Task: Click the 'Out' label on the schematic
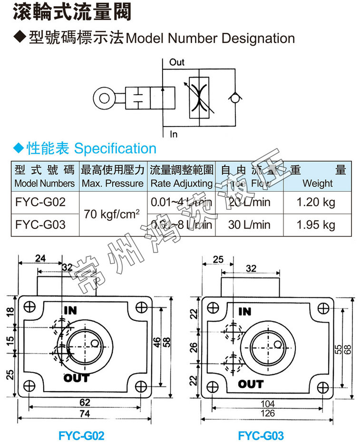(176, 62)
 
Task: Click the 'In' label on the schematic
(174, 134)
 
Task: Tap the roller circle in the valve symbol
(103, 98)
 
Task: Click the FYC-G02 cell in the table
(40, 202)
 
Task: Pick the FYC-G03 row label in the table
(40, 224)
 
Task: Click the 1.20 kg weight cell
(316, 202)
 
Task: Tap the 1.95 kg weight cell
(316, 224)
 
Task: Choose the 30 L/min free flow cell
(249, 224)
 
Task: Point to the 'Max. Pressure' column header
(112, 183)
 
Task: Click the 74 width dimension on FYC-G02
(84, 414)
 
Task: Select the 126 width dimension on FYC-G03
(268, 413)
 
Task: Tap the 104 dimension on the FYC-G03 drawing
(268, 404)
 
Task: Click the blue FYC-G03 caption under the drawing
(261, 435)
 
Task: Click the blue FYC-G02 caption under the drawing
(81, 435)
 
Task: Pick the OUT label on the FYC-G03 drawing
(251, 384)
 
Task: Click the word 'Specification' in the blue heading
(116, 148)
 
